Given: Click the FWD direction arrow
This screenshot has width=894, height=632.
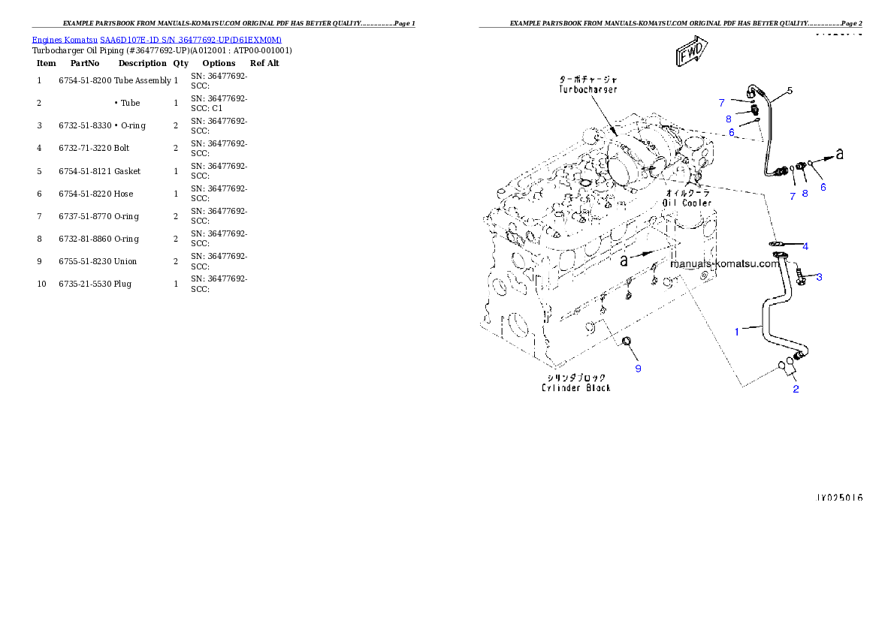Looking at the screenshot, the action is (x=688, y=53).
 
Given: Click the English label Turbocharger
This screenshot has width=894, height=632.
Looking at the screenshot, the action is (x=588, y=89).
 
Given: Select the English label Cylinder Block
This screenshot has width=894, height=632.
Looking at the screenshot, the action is (x=575, y=387).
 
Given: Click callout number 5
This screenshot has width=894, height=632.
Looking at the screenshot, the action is (x=790, y=91).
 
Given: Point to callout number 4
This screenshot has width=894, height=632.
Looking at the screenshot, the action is (x=805, y=246).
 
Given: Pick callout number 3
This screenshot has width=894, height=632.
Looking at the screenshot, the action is (x=819, y=277).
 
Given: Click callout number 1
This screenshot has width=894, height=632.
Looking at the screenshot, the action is (x=737, y=331).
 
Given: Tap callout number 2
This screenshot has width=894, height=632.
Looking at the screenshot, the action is (x=796, y=388).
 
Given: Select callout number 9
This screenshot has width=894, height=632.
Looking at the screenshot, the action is (x=638, y=368).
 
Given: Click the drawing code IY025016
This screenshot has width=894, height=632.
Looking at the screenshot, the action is (x=839, y=498).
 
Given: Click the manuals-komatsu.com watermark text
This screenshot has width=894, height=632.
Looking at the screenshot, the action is (x=723, y=264).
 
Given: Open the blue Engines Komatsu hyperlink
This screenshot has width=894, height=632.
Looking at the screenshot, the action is (x=156, y=40).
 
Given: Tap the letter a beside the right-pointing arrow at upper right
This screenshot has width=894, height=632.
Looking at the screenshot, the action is (x=840, y=155).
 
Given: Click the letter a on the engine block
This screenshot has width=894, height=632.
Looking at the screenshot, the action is (x=623, y=260).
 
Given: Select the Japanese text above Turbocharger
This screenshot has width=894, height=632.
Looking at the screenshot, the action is (x=588, y=78).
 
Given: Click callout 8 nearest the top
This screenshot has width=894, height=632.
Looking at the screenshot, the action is (x=728, y=119).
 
